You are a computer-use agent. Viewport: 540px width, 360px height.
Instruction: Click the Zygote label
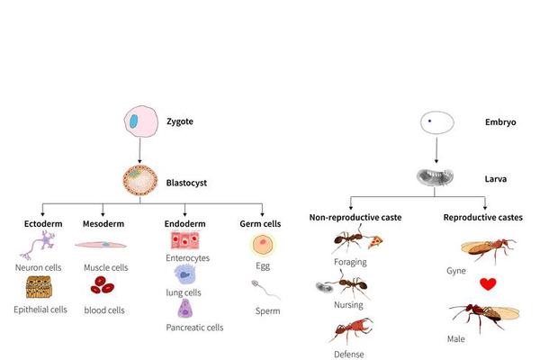[180, 120]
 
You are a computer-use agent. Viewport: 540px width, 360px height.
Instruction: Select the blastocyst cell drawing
[139, 181]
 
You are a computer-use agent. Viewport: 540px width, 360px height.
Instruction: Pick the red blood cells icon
[101, 287]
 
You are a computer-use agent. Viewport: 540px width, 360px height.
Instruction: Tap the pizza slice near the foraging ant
[376, 241]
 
